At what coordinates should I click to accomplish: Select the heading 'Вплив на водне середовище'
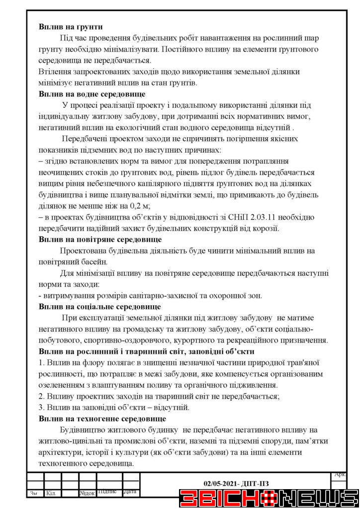(x=91, y=93)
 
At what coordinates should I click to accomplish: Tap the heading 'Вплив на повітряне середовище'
(x=99, y=239)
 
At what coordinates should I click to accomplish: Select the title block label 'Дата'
(x=130, y=492)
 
